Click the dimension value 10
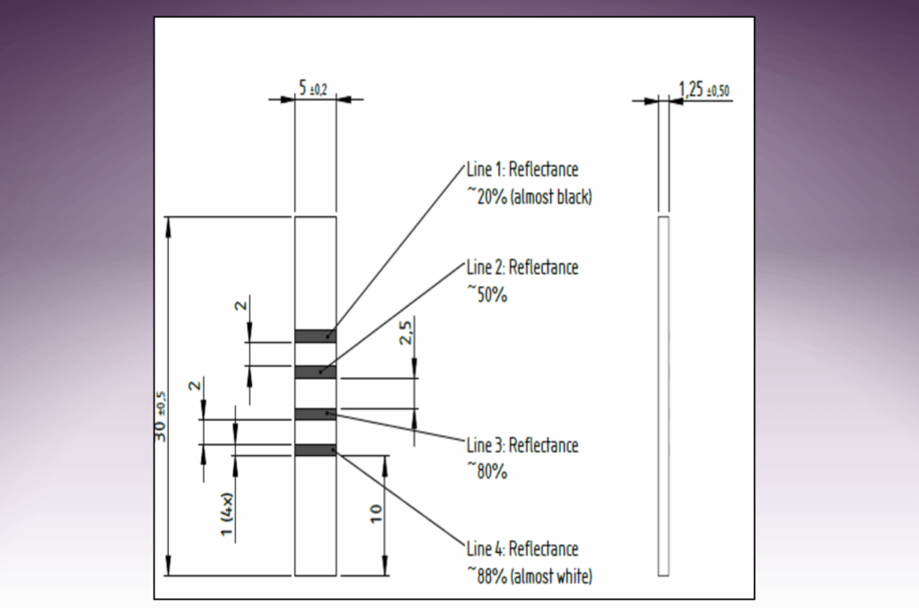tap(377, 514)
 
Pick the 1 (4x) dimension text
tap(229, 517)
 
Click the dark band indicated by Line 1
tap(316, 336)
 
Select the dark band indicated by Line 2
tap(316, 371)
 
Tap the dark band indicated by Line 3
tap(316, 414)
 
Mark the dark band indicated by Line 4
tap(316, 450)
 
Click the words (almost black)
tap(551, 198)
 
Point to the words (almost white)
tap(551, 576)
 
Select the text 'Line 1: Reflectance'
tap(522, 170)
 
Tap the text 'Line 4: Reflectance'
tap(522, 548)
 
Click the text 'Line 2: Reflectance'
tap(522, 267)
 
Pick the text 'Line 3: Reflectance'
tap(522, 445)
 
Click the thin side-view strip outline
tap(664, 395)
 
